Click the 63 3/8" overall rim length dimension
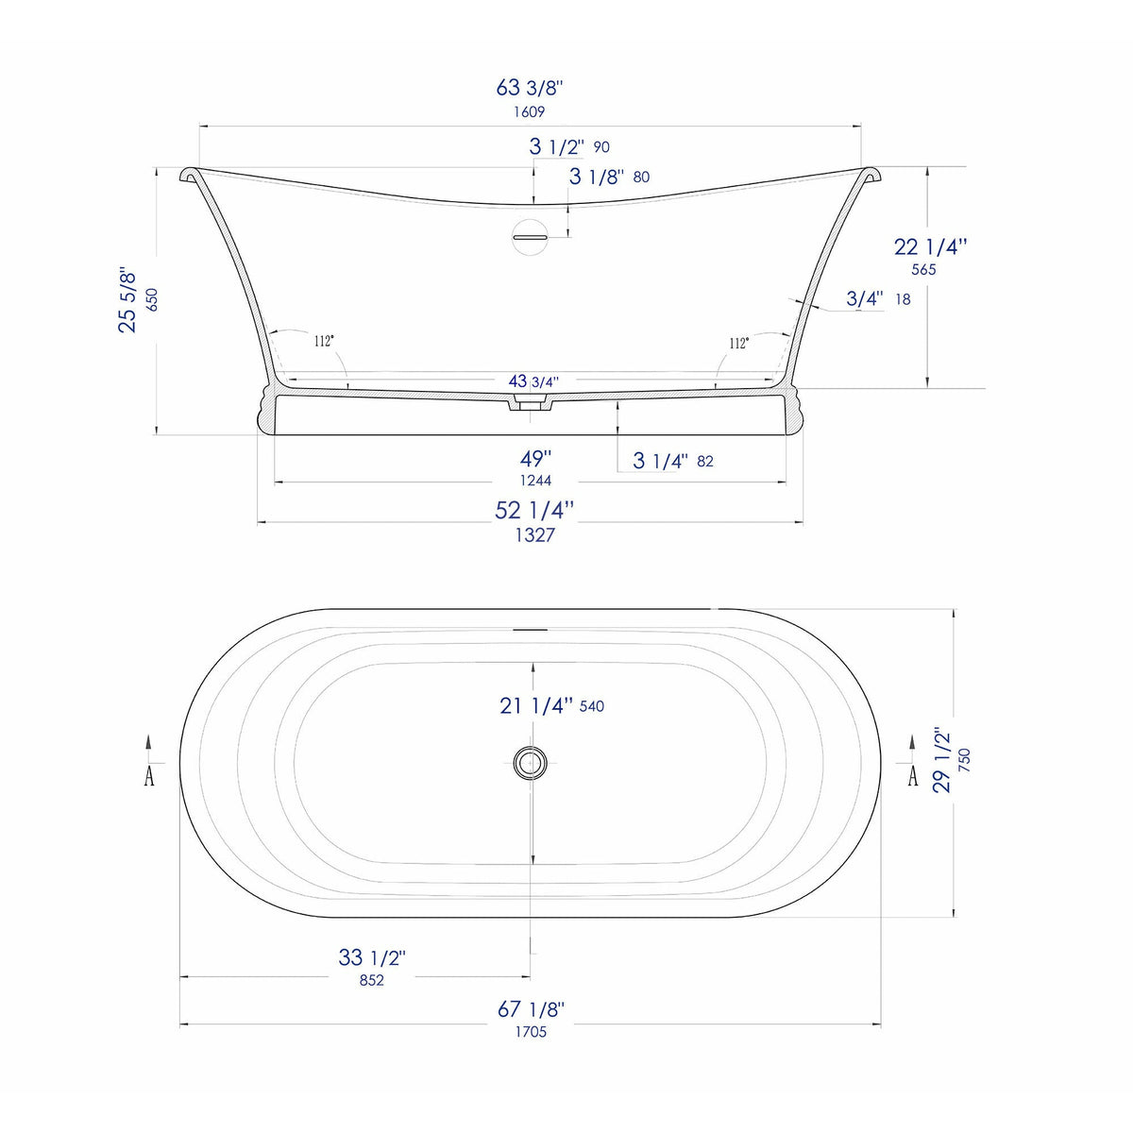pyautogui.click(x=530, y=88)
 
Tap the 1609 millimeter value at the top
pyautogui.click(x=530, y=111)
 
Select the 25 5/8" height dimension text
pyautogui.click(x=128, y=300)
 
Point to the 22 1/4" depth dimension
pyautogui.click(x=930, y=247)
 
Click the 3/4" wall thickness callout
pyautogui.click(x=864, y=299)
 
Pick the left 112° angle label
pyautogui.click(x=325, y=341)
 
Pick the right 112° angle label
pyautogui.click(x=738, y=343)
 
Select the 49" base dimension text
pyautogui.click(x=534, y=459)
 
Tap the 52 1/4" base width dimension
pyautogui.click(x=534, y=510)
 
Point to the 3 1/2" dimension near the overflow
pyautogui.click(x=556, y=147)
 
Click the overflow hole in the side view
pyautogui.click(x=530, y=235)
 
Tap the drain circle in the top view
pyautogui.click(x=530, y=762)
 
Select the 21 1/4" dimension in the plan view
pyautogui.click(x=536, y=705)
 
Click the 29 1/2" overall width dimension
pyautogui.click(x=942, y=759)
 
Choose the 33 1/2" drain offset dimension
pyautogui.click(x=372, y=957)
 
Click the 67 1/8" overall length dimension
pyautogui.click(x=531, y=1009)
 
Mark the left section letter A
pyautogui.click(x=149, y=776)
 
